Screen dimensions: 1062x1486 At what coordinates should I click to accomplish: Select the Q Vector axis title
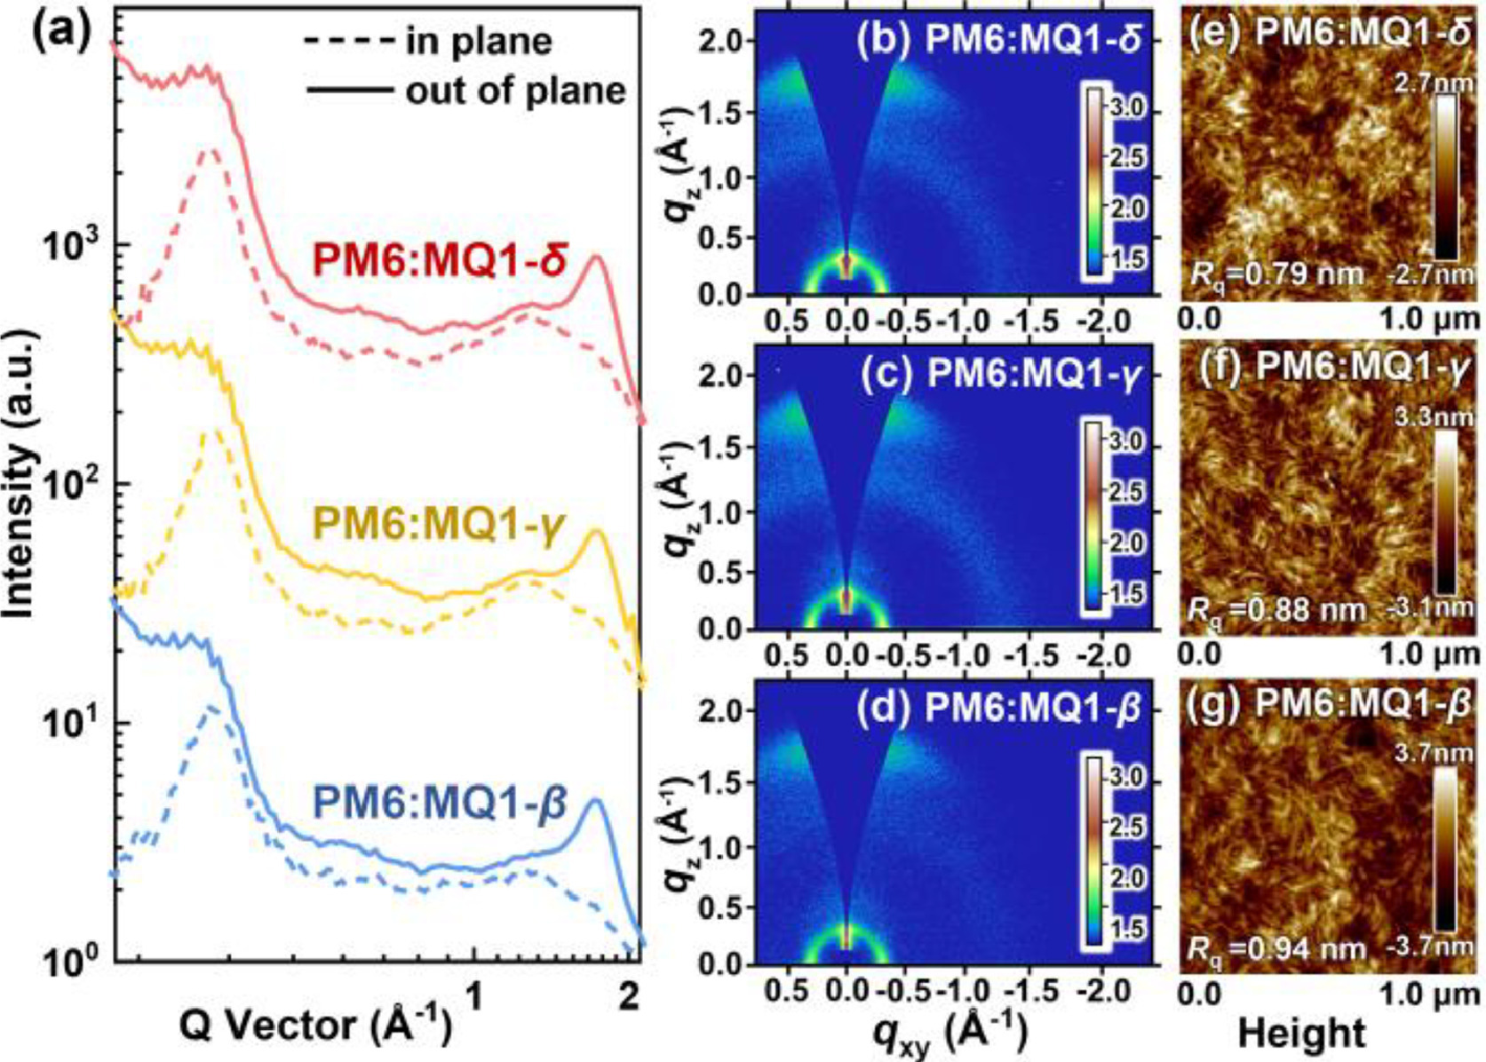(x=316, y=1026)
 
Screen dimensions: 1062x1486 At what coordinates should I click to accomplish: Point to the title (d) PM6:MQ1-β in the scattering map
(x=998, y=709)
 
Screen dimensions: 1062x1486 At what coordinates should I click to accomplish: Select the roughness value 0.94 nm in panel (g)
(x=1275, y=949)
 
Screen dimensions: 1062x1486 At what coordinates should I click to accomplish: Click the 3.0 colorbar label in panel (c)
(x=1125, y=441)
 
